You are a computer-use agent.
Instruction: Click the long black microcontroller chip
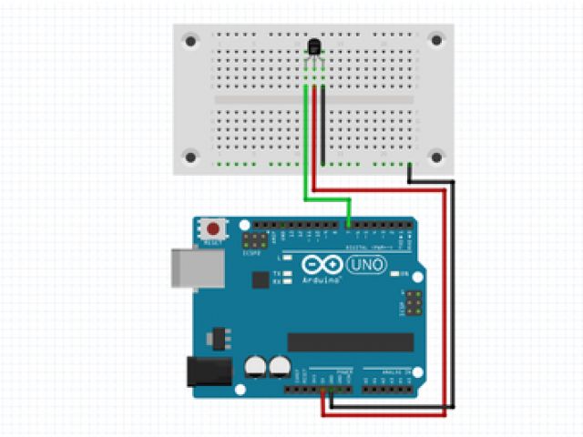[x=351, y=341]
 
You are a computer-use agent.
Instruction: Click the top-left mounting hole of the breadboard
[x=190, y=41]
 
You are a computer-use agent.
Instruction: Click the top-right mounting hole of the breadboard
[x=437, y=41]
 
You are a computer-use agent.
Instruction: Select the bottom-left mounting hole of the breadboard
[x=190, y=157]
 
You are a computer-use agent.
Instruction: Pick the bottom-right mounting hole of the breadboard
[x=437, y=157]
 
